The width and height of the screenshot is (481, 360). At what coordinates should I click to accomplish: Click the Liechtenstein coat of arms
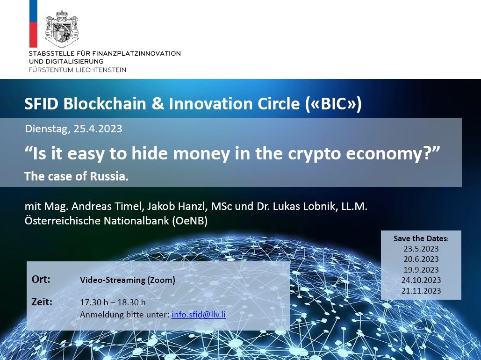pyautogui.click(x=62, y=28)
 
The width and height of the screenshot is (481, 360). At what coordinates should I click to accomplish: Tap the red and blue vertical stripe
pyautogui.click(x=33, y=24)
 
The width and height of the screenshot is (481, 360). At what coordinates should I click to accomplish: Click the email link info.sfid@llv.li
pyautogui.click(x=199, y=315)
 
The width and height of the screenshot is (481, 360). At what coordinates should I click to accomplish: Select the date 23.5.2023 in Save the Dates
pyautogui.click(x=421, y=249)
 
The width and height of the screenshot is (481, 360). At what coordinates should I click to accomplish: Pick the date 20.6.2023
pyautogui.click(x=421, y=259)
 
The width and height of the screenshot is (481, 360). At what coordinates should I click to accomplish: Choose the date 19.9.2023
pyautogui.click(x=421, y=270)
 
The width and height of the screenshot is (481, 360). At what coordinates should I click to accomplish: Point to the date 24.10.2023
pyautogui.click(x=421, y=280)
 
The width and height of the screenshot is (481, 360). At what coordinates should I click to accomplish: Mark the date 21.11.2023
pyautogui.click(x=421, y=291)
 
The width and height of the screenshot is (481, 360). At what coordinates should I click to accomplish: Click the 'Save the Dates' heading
pyautogui.click(x=421, y=238)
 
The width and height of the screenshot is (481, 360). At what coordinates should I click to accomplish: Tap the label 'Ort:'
pyautogui.click(x=41, y=279)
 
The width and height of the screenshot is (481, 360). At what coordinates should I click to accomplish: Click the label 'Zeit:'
pyautogui.click(x=42, y=302)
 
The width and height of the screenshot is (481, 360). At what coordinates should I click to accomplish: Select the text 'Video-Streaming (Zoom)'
pyautogui.click(x=127, y=280)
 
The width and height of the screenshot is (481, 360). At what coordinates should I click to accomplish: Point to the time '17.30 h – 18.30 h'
pyautogui.click(x=113, y=302)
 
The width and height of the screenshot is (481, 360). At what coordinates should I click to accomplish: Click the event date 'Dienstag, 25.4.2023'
pyautogui.click(x=74, y=129)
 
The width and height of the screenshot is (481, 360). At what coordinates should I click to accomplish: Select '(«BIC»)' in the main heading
pyautogui.click(x=333, y=104)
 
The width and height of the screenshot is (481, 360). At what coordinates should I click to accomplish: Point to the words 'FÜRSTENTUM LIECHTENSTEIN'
pyautogui.click(x=77, y=70)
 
